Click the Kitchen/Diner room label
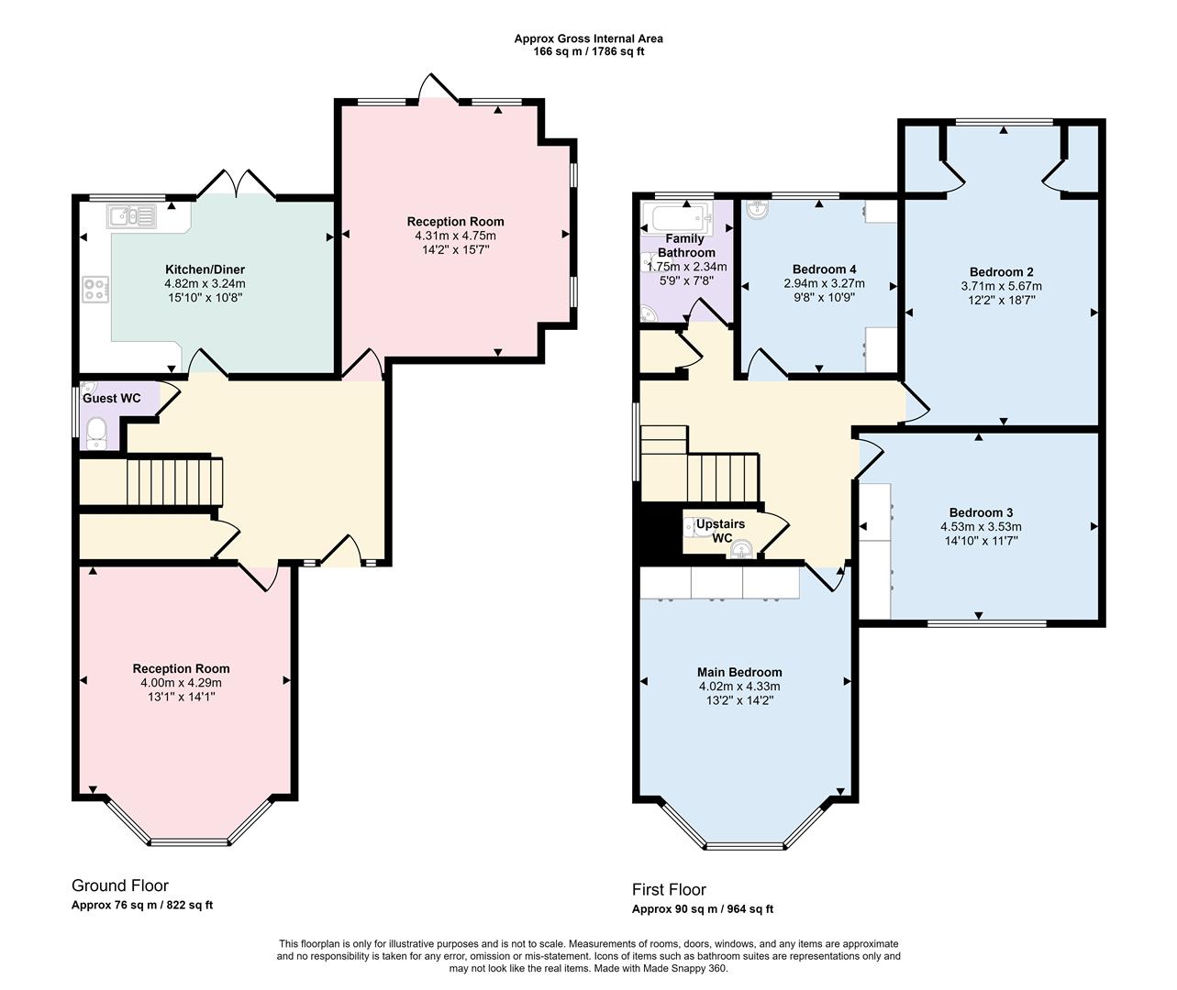[205, 269]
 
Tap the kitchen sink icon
[132, 217]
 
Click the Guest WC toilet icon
[98, 435]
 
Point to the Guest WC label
[112, 399]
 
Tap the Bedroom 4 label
[824, 269]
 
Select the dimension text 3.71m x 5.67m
[1001, 286]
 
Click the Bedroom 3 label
[981, 512]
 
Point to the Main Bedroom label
[739, 672]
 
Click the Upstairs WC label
[721, 531]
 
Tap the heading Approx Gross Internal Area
[588, 38]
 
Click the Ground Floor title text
[120, 885]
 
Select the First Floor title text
[669, 889]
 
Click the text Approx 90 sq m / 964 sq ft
[702, 909]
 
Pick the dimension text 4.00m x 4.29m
[181, 683]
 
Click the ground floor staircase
[174, 480]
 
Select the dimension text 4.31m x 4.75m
[455, 236]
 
